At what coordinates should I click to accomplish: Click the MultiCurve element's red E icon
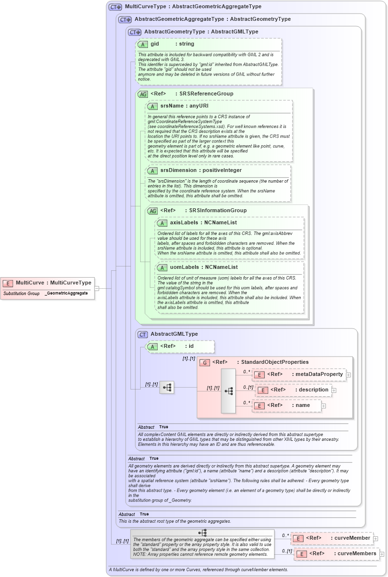(x=8, y=283)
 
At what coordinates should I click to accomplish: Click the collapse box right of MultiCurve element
(x=97, y=288)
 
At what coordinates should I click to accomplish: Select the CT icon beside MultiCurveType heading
(x=115, y=7)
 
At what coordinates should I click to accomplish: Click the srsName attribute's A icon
(x=152, y=106)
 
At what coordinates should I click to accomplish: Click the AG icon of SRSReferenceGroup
(x=143, y=94)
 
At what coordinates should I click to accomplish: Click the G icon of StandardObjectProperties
(x=205, y=362)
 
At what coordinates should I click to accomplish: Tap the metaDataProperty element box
(x=299, y=374)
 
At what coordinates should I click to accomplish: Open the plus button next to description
(x=334, y=390)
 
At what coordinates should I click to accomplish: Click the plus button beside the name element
(x=323, y=405)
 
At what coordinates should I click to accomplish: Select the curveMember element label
(x=352, y=538)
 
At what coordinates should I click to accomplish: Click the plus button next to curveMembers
(x=382, y=554)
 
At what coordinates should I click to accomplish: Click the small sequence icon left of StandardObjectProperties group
(x=167, y=387)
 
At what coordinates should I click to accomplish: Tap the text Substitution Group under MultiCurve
(x=21, y=294)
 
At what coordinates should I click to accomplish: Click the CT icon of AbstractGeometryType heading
(x=134, y=32)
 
